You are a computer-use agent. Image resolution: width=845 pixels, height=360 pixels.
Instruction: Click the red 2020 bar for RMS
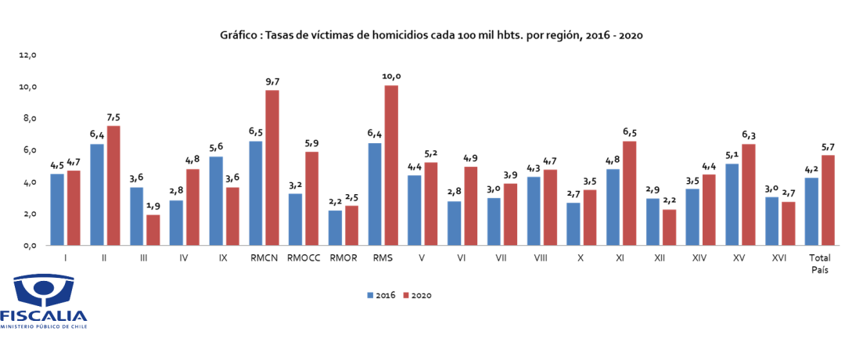click(x=391, y=165)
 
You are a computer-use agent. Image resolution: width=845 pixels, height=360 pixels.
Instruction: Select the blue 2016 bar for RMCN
click(x=255, y=193)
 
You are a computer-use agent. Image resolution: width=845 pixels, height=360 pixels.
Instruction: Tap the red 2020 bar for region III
click(x=153, y=229)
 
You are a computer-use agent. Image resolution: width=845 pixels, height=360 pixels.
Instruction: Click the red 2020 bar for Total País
click(x=829, y=200)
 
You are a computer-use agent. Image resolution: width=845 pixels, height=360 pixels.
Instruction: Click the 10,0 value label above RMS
click(x=391, y=76)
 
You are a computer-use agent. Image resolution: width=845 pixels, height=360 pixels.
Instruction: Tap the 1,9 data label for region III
click(x=153, y=205)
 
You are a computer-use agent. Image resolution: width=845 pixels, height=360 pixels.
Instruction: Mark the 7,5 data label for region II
click(x=113, y=117)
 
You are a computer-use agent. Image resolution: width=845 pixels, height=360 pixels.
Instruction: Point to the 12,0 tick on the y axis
click(x=28, y=56)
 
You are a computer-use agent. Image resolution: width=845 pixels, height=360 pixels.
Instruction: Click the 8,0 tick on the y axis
click(x=29, y=119)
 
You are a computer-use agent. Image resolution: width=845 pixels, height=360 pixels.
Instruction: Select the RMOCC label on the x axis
click(x=304, y=257)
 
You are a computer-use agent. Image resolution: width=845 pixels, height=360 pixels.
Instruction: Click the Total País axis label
click(x=820, y=263)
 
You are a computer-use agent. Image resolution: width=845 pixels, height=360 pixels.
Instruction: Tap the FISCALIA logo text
click(x=44, y=315)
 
